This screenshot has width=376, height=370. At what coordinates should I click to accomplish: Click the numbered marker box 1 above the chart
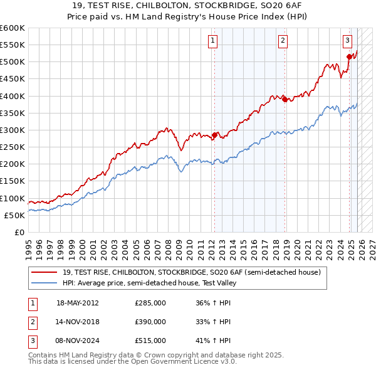click(213, 41)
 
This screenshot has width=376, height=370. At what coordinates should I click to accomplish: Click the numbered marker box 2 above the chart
click(283, 41)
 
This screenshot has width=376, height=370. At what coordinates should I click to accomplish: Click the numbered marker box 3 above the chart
click(347, 41)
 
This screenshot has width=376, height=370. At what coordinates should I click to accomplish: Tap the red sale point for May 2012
click(214, 135)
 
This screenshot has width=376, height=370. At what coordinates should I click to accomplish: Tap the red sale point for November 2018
click(285, 99)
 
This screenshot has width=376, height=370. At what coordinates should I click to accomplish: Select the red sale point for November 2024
click(349, 57)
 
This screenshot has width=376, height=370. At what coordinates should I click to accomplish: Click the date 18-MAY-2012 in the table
click(78, 303)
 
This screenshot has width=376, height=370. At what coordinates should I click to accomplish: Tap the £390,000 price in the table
click(150, 322)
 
